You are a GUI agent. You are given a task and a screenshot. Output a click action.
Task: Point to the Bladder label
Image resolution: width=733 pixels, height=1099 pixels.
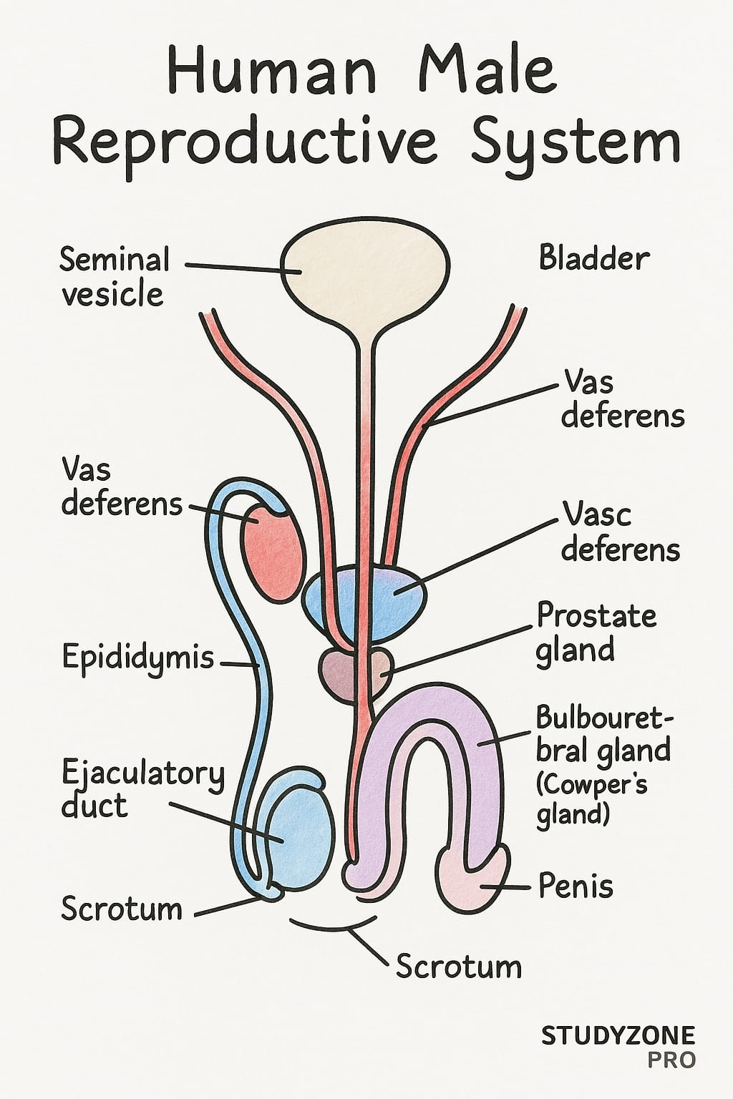pos(594,258)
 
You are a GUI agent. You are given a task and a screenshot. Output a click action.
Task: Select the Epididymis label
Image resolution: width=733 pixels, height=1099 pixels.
pos(137,657)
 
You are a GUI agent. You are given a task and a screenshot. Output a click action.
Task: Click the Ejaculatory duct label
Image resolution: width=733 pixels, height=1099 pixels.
pos(142,789)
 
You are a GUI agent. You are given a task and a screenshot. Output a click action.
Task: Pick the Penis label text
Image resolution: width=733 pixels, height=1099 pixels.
pos(576,886)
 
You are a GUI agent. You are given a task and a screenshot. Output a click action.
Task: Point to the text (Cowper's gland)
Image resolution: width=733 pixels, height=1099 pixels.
pos(591,799)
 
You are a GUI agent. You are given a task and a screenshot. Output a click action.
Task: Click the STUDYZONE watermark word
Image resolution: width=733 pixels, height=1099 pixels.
pos(618,1035)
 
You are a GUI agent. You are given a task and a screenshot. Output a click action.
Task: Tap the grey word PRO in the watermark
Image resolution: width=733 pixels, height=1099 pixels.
pos(671,1060)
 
